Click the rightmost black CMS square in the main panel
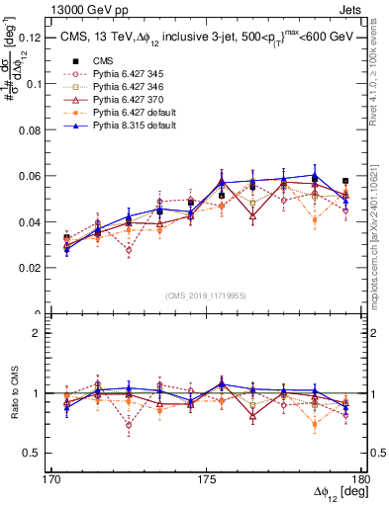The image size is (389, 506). coord(345,182)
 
